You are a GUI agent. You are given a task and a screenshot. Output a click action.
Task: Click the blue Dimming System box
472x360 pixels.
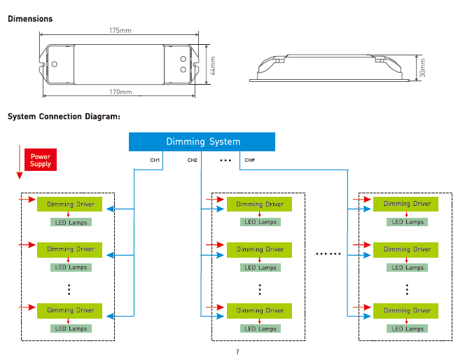(202, 141)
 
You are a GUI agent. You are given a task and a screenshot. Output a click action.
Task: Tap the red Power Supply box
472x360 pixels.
(41, 160)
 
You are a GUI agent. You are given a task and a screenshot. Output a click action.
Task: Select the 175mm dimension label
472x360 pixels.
(120, 30)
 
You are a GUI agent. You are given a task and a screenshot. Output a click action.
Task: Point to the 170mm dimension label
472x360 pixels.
(120, 92)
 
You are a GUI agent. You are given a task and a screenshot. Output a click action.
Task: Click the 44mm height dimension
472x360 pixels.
(212, 66)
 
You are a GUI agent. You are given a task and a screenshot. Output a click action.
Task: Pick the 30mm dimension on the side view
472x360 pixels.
(423, 68)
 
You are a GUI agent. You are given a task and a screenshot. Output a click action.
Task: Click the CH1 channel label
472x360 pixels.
(155, 160)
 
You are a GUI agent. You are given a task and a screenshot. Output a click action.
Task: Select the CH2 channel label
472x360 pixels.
(193, 160)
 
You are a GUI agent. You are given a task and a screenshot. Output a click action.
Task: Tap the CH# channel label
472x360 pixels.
(249, 160)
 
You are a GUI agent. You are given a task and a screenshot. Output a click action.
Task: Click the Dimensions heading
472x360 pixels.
(30, 19)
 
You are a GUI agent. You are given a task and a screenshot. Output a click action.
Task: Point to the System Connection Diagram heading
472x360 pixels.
(64, 116)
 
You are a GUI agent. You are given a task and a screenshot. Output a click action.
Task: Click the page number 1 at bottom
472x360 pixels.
(237, 352)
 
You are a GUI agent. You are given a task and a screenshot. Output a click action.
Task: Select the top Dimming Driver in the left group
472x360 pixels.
(69, 204)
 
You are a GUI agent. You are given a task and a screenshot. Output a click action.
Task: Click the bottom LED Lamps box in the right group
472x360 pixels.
(408, 328)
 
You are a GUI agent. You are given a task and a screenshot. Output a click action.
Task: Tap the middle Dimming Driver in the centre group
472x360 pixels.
(259, 250)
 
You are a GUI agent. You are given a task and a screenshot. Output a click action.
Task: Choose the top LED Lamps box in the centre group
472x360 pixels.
(261, 222)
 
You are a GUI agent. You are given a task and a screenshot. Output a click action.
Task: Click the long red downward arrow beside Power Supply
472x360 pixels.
(20, 162)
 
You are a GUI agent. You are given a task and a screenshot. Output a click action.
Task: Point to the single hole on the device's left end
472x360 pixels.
(55, 64)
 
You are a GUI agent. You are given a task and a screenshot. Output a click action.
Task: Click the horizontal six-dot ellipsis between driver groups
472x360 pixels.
(328, 254)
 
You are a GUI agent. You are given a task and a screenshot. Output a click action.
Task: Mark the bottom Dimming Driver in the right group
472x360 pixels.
(405, 311)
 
